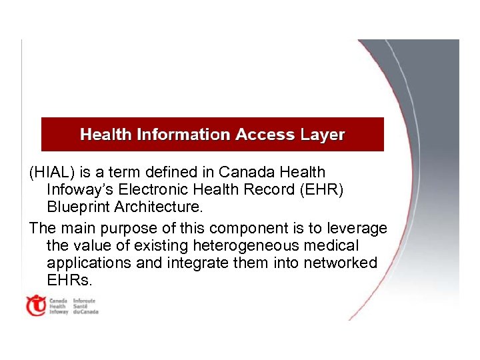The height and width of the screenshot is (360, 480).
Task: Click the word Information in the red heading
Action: click(x=183, y=135)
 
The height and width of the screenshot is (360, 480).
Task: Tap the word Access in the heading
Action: click(x=265, y=135)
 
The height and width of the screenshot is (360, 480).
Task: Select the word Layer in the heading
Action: click(x=323, y=135)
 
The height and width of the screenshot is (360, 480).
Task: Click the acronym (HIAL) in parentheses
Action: click(x=52, y=173)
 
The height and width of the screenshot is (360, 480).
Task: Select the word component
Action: click(x=249, y=229)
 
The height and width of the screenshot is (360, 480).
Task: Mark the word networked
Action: click(x=340, y=263)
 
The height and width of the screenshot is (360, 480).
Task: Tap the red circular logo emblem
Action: click(x=35, y=306)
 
